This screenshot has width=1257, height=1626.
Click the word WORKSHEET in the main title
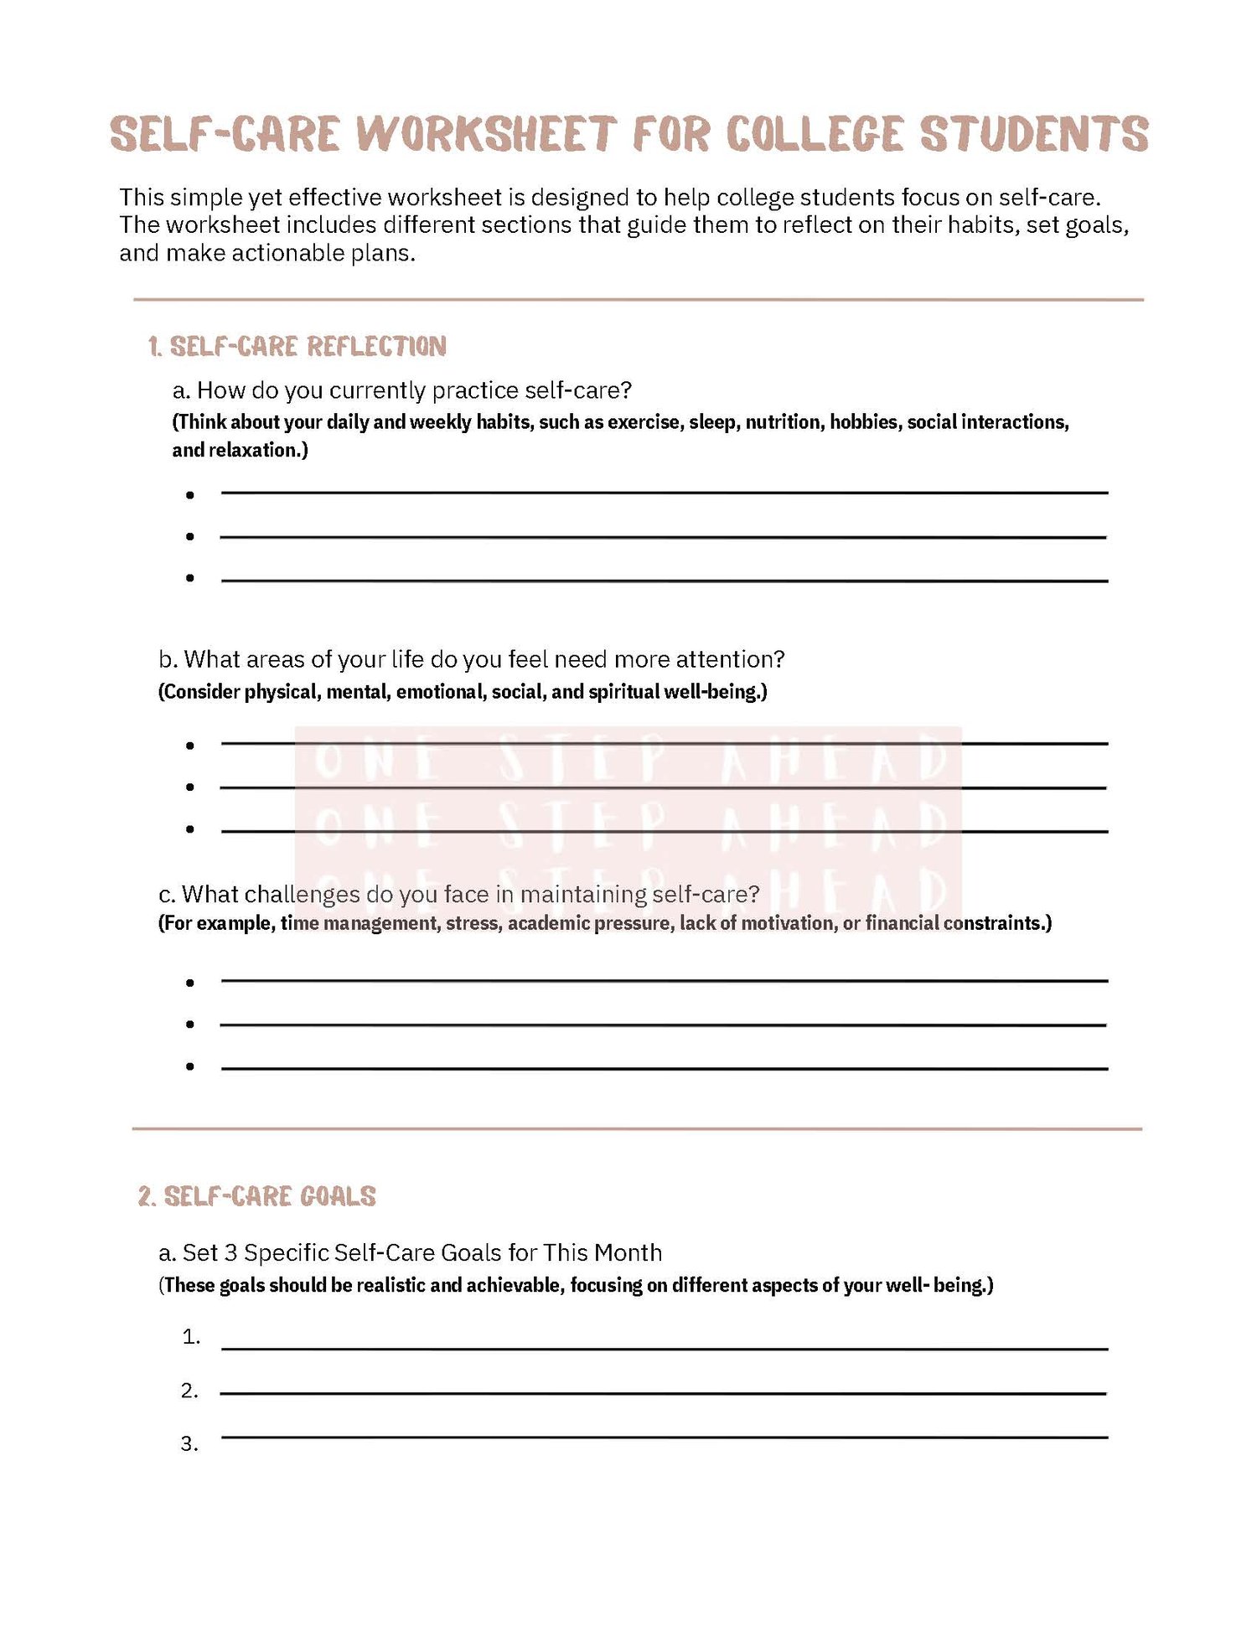tap(486, 134)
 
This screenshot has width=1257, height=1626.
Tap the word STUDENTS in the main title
tap(1034, 134)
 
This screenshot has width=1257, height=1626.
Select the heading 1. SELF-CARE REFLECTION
tap(297, 346)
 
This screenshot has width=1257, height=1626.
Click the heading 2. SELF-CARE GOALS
tap(257, 1196)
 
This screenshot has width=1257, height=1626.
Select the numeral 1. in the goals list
tap(191, 1337)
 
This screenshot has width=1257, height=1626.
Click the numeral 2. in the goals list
tap(190, 1391)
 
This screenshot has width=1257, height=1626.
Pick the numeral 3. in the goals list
tap(190, 1444)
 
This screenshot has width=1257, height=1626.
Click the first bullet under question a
tap(190, 495)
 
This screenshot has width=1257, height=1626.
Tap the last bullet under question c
tap(190, 1066)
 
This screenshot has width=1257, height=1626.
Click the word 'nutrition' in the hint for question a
tap(783, 421)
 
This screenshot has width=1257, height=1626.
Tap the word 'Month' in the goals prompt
tap(628, 1253)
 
